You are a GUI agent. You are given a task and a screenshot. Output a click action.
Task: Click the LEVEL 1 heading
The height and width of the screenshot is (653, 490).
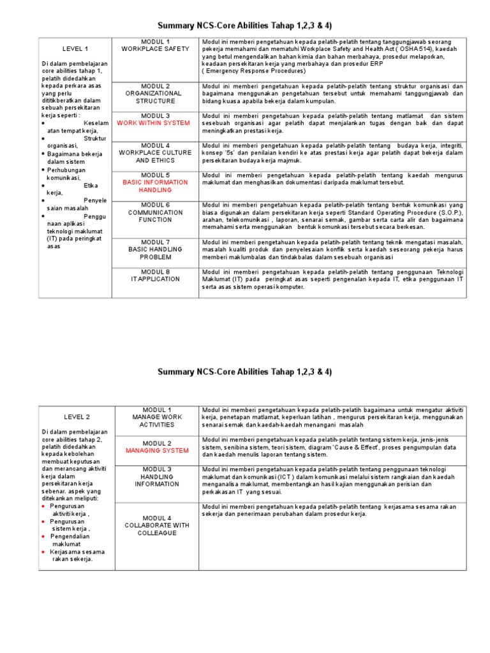(x=75, y=48)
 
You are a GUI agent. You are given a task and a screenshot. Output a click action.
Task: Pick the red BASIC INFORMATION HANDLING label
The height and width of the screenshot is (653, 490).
(x=156, y=186)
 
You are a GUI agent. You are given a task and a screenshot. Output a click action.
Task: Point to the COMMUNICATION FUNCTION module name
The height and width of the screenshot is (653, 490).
(x=150, y=216)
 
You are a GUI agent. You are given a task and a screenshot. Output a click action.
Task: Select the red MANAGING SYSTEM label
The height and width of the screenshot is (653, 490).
(x=157, y=450)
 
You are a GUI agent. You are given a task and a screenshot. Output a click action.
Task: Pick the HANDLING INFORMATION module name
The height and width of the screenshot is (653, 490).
(x=157, y=480)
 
